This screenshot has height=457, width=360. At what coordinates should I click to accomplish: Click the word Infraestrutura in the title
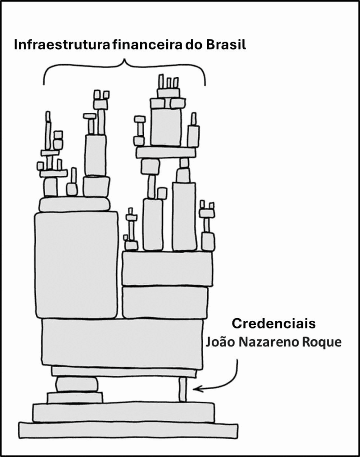pos(62,45)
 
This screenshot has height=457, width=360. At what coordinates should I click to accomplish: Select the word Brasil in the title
pos(226,45)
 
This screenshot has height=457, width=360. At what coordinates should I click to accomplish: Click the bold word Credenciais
pos(274,324)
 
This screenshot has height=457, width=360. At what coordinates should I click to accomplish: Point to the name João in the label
pos(220,342)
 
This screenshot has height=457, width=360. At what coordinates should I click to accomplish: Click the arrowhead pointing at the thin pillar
pos(196,389)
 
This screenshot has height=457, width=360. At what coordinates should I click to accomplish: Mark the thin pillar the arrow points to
pos(183,389)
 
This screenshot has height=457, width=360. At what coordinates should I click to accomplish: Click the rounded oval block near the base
pos(76,384)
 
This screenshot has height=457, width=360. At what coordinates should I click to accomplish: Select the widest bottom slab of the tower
pos(128,430)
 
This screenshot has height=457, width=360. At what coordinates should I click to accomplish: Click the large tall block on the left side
pos(76,266)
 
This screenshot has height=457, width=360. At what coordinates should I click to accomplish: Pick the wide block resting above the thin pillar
pos(122,343)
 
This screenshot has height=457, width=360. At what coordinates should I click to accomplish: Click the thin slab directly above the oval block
pos(124,372)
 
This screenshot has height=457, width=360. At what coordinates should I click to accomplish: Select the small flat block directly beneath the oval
pos(75,398)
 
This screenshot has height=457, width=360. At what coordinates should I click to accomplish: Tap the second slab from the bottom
pos(123,412)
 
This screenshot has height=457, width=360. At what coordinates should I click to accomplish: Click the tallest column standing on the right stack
pos(184,216)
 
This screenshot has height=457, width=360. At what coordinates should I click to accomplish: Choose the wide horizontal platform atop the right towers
pos(166,153)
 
